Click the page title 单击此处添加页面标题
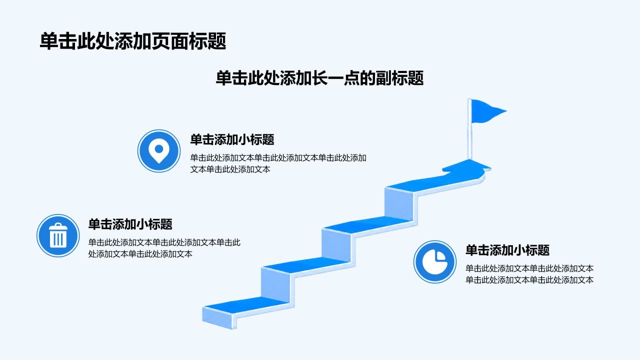[133, 41]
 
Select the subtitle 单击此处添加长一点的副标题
[319, 78]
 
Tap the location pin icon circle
[159, 151]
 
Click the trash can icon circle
[58, 235]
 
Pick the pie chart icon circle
[435, 262]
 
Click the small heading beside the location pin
[232, 139]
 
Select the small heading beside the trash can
[130, 224]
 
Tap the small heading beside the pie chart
[507, 250]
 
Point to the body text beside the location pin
[278, 163]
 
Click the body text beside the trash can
[164, 248]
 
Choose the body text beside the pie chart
[529, 274]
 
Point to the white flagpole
[469, 129]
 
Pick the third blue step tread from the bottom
[367, 224]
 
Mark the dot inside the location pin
[159, 149]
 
